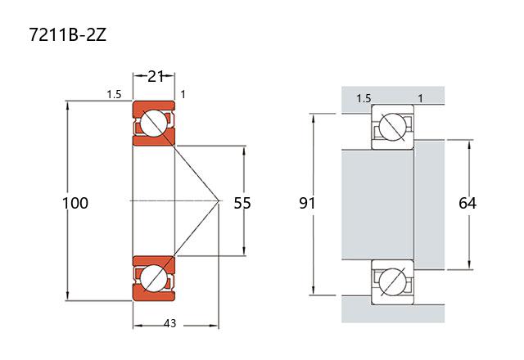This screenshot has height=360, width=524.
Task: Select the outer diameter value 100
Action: [75, 202]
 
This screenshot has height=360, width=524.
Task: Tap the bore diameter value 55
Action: [242, 202]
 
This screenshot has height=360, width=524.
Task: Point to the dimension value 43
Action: [169, 324]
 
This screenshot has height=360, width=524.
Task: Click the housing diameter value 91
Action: [307, 202]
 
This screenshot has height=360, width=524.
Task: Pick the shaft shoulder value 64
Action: [468, 202]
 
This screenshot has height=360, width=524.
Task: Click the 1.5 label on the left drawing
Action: [114, 95]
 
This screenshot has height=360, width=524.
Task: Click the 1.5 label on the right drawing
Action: [363, 99]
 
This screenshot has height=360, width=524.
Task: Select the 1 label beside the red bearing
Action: [183, 95]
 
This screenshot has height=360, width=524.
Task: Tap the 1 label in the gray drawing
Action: [420, 99]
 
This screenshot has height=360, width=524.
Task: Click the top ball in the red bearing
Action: [152, 124]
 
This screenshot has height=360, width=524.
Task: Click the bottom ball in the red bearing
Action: [152, 278]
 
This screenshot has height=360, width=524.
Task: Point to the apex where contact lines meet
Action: [219, 200]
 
